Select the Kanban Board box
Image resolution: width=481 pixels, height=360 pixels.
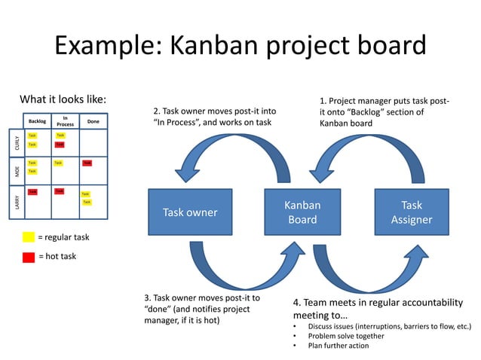pyautogui.click(x=302, y=212)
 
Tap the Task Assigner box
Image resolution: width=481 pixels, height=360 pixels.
pyautogui.click(x=411, y=212)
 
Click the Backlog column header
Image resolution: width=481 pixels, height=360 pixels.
pyautogui.click(x=37, y=121)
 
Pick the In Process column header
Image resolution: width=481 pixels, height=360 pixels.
pyautogui.click(x=66, y=120)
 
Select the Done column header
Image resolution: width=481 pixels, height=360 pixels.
pyautogui.click(x=93, y=121)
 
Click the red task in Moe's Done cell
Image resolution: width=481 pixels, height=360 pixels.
pyautogui.click(x=87, y=163)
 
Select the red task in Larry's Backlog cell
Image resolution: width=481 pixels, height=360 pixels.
pyautogui.click(x=32, y=192)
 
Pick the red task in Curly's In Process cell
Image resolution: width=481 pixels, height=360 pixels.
pyautogui.click(x=60, y=144)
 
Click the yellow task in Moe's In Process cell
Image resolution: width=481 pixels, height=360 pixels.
pyautogui.click(x=58, y=163)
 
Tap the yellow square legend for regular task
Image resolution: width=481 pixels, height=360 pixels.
pyautogui.click(x=29, y=237)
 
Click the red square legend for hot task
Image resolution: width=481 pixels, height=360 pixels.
pyautogui.click(x=29, y=257)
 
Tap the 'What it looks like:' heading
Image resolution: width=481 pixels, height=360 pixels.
pyautogui.click(x=63, y=99)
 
